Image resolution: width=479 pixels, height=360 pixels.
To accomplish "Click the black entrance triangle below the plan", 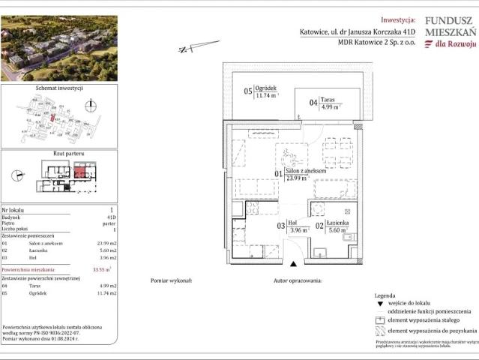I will (294, 263).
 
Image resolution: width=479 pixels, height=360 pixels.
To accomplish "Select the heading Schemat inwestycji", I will (59, 88).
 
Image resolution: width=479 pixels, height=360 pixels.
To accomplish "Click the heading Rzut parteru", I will (59, 153).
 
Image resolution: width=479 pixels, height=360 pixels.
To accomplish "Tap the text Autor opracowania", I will (298, 279).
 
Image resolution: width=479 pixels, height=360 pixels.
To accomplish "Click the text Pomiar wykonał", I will (171, 279).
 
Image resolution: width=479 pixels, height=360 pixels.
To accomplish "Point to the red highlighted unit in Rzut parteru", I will (79, 172).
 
